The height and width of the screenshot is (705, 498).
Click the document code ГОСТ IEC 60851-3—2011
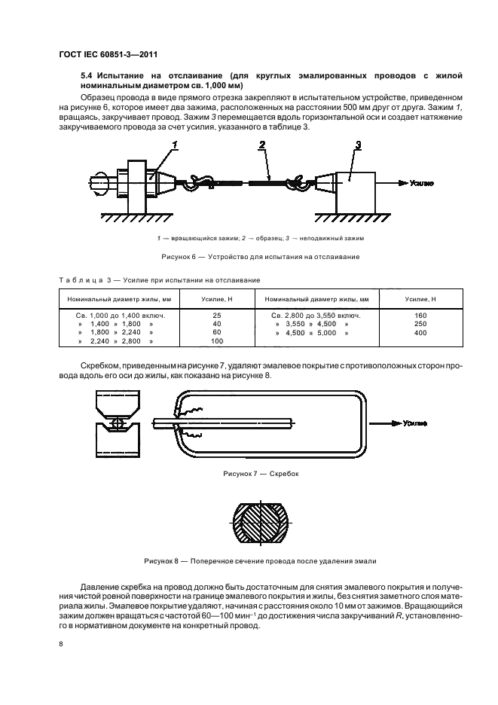click(x=106, y=53)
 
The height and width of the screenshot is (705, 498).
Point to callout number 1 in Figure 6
click(x=175, y=144)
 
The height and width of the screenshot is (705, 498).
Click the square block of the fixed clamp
click(x=355, y=192)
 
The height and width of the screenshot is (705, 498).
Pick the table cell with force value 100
click(x=216, y=341)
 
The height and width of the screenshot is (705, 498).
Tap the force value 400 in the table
click(x=420, y=332)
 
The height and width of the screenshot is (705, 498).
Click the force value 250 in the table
click(x=420, y=323)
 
